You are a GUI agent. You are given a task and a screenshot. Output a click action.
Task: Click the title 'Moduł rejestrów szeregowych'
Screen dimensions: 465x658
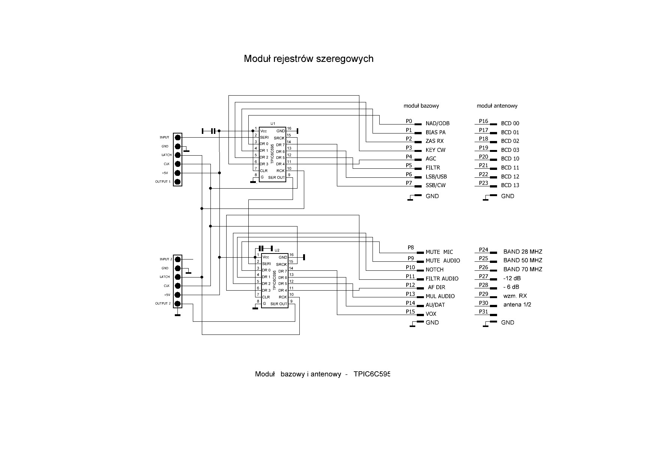point(308,59)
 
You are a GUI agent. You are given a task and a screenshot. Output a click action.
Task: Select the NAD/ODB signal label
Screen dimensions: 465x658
point(437,123)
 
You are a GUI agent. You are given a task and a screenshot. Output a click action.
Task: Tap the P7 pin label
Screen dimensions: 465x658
point(409,183)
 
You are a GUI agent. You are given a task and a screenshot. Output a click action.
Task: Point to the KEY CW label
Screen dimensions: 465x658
point(436,150)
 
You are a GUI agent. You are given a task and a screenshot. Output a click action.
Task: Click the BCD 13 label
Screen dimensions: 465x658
point(510,185)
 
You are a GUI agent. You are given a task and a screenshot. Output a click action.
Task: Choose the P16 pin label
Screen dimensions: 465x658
point(484,121)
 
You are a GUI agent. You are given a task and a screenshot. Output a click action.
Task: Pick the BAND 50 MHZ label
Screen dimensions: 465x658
point(523,260)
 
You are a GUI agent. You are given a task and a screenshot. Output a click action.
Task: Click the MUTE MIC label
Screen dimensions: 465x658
point(439,252)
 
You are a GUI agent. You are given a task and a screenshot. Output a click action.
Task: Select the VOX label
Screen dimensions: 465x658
point(431,314)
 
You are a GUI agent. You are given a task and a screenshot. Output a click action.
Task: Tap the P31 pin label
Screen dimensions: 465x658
point(484,312)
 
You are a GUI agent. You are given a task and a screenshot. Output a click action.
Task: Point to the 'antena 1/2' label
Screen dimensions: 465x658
point(517,304)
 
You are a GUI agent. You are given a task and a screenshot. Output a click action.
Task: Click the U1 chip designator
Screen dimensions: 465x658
point(273,123)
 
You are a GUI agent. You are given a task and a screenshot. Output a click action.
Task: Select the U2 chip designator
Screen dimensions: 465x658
point(277,250)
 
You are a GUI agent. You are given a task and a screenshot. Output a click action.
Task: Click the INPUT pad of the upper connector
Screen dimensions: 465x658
point(178,138)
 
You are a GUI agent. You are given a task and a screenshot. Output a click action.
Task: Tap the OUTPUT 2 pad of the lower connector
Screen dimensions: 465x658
point(178,304)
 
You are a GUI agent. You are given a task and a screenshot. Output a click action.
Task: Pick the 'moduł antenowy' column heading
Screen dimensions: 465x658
point(497,106)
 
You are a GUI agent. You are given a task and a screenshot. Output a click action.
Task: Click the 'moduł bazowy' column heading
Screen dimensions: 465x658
point(421,106)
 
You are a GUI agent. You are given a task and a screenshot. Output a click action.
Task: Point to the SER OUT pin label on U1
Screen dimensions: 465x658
point(276,177)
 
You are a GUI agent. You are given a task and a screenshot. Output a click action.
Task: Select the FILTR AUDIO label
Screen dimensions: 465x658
point(442,279)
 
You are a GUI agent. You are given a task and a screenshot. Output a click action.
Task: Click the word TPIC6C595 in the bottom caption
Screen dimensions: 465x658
point(372,374)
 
